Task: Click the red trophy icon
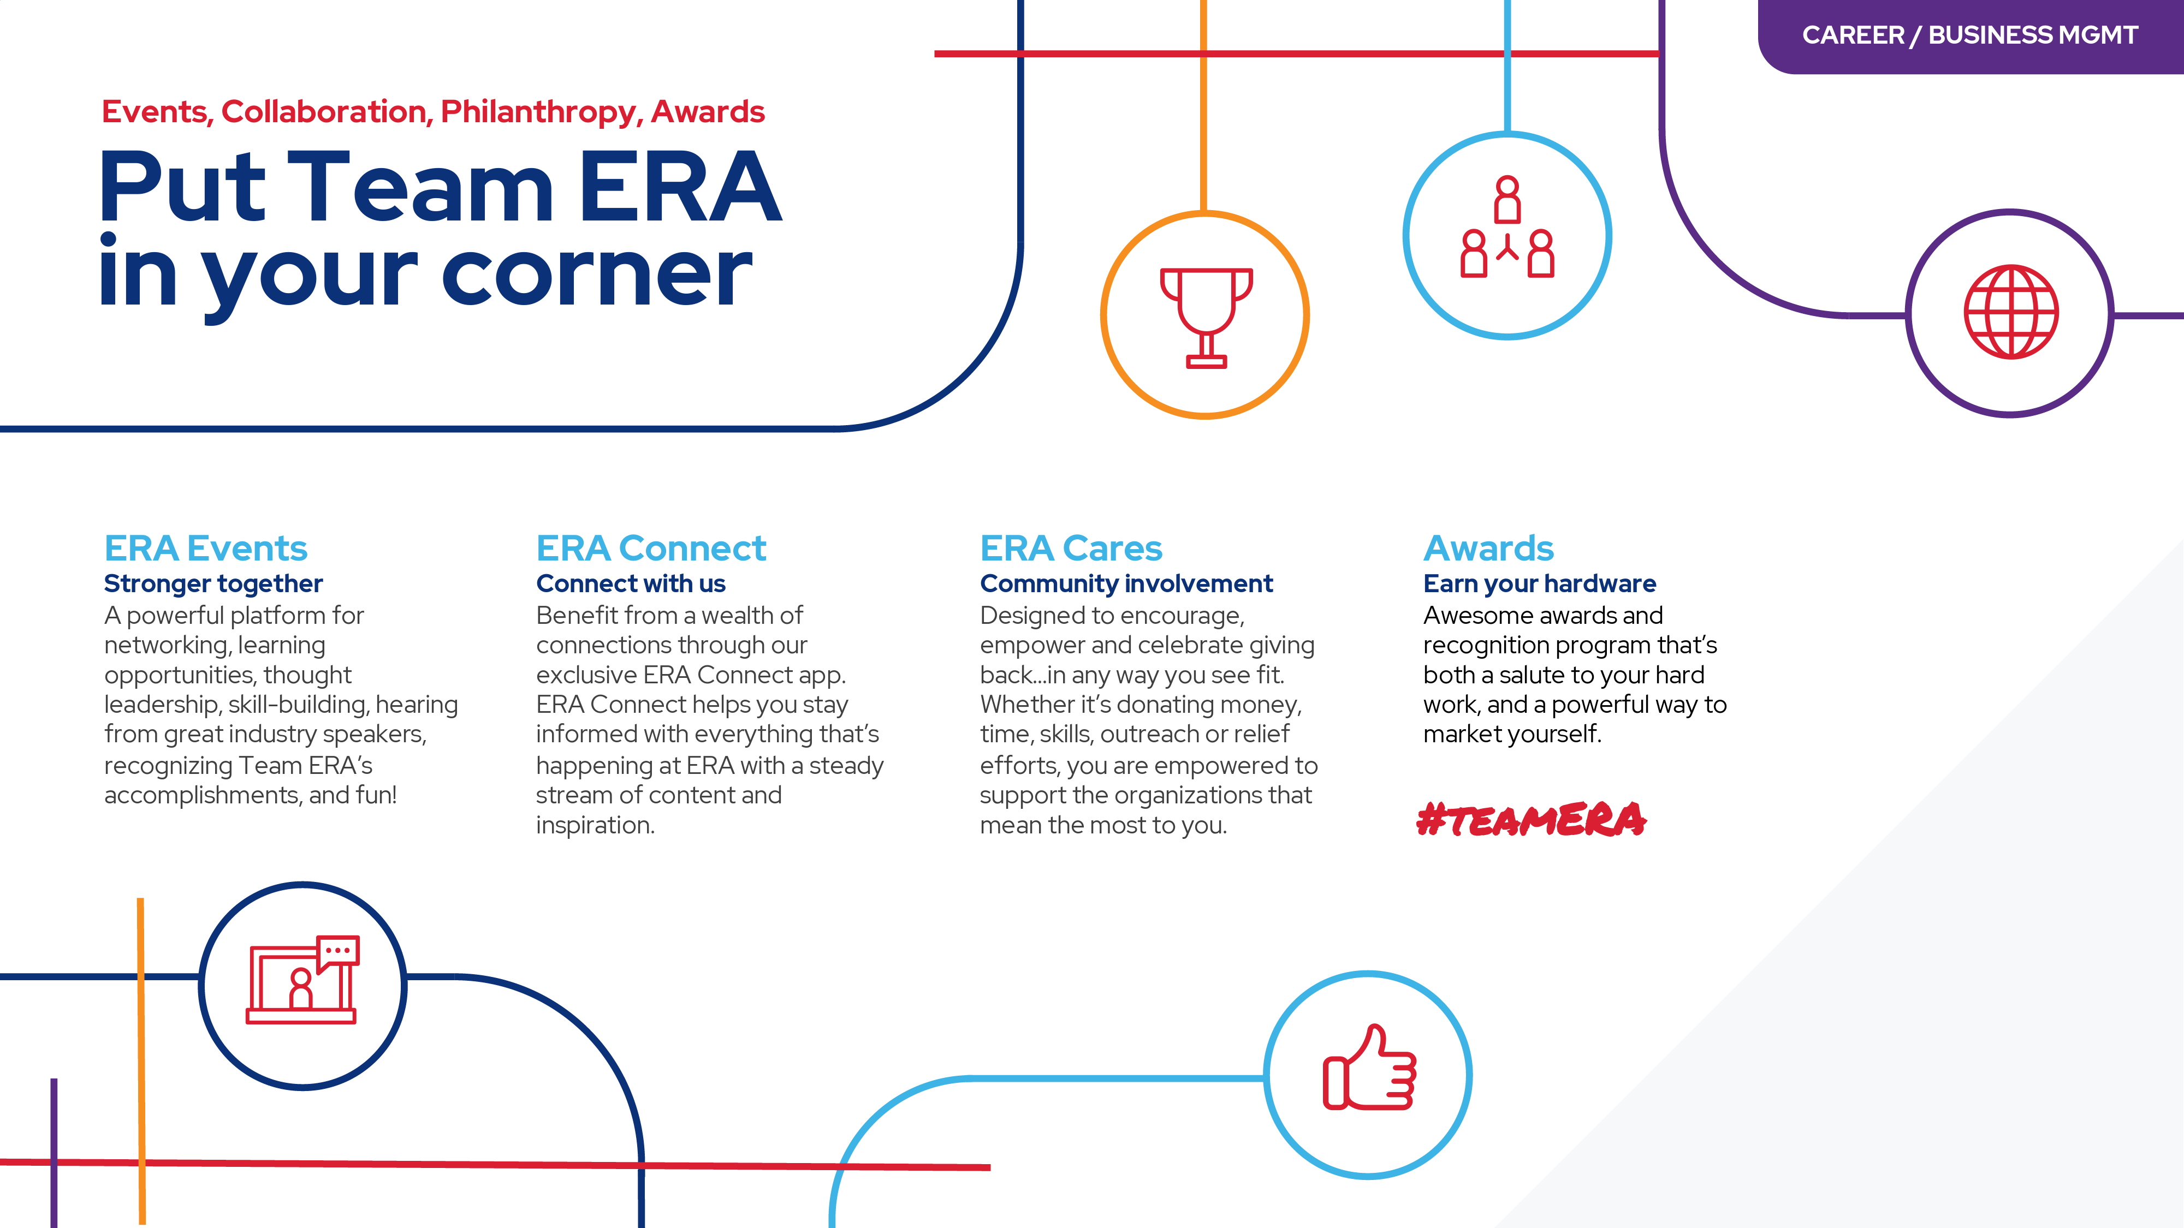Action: (x=1206, y=316)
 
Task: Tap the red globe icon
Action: (x=2010, y=312)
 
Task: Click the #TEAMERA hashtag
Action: (x=1531, y=820)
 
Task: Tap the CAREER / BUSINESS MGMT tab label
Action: (x=1969, y=35)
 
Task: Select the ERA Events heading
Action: (x=205, y=549)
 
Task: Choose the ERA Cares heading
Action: (x=1071, y=549)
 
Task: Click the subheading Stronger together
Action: (x=213, y=584)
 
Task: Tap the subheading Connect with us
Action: (x=630, y=584)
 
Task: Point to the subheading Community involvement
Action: (x=1126, y=584)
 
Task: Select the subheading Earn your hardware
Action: (x=1539, y=584)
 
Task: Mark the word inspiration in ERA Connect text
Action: (x=595, y=825)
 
